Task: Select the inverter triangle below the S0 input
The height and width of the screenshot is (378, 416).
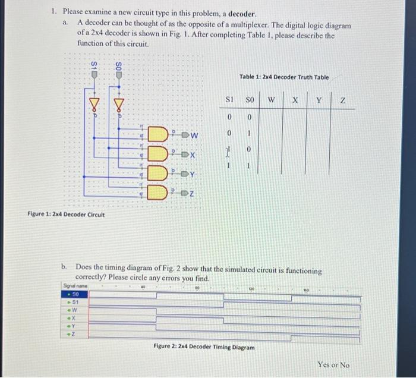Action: [x=118, y=106]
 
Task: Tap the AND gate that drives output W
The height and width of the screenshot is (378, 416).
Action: [x=159, y=134]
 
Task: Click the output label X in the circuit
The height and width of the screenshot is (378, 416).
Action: [x=194, y=155]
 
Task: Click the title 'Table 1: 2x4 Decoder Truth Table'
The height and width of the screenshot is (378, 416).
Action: [x=283, y=77]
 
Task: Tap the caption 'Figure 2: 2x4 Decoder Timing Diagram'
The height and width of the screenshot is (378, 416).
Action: [x=204, y=347]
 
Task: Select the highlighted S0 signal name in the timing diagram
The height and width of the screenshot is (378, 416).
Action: [x=75, y=294]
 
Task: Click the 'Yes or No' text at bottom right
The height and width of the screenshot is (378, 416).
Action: [x=333, y=364]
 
